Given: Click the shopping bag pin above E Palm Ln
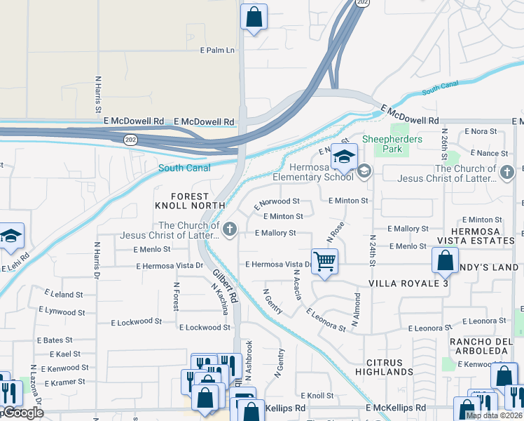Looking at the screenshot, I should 254,17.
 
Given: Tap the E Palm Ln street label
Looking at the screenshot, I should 216,51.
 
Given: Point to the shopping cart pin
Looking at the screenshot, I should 325,262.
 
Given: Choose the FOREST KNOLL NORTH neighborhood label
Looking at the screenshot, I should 182,201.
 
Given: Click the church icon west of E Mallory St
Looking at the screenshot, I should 229,229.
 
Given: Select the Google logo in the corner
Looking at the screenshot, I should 22,413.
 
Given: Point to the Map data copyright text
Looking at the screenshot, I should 493,415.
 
